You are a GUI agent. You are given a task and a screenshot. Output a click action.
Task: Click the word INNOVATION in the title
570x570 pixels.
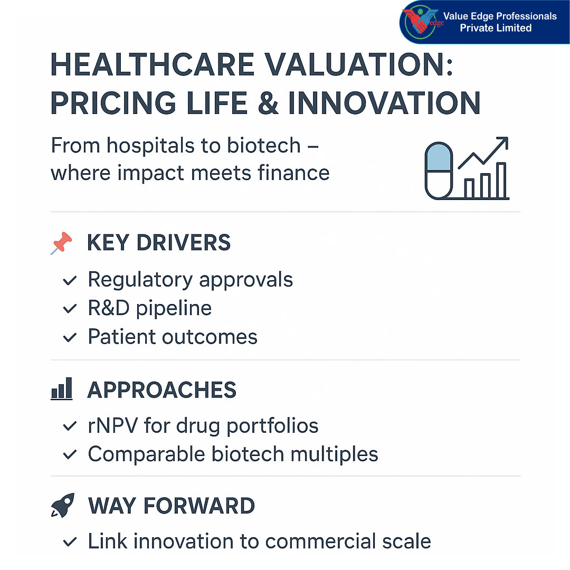pos(384,102)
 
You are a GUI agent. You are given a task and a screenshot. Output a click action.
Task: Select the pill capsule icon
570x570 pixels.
pos(439,170)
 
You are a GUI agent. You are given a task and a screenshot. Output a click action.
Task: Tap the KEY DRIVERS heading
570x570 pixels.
pos(159,243)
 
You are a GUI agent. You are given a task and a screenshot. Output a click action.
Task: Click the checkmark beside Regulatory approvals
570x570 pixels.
pos(70,281)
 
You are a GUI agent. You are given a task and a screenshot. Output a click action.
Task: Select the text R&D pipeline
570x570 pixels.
pos(149,308)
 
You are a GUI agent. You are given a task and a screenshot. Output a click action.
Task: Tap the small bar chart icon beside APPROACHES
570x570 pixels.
pos(61,390)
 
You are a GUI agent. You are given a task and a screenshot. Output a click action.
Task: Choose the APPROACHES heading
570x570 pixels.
pos(161,390)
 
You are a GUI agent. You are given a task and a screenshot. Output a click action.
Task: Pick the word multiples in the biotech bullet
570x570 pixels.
pos(336,454)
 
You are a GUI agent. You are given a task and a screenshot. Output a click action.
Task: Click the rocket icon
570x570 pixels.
pos(62,506)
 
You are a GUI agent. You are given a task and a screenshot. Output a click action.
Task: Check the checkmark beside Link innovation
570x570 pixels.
pos(70,542)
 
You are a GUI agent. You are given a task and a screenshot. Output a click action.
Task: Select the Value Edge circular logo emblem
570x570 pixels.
pos(421,22)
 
